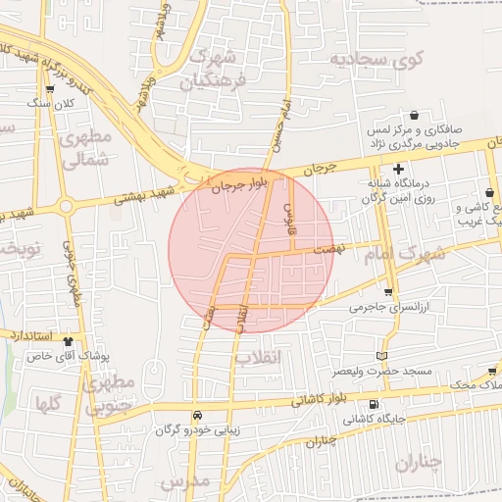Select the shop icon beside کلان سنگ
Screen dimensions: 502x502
pyautogui.click(x=49, y=89)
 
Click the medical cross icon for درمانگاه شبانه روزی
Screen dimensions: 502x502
pyautogui.click(x=397, y=170)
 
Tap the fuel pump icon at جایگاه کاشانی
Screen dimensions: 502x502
pyautogui.click(x=373, y=405)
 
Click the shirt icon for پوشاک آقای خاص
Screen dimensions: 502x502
pyautogui.click(x=68, y=342)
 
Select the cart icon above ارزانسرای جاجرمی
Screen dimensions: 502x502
pyautogui.click(x=388, y=292)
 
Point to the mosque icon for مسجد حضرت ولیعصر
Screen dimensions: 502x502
pyautogui.click(x=381, y=355)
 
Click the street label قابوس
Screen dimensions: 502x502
pyautogui.click(x=289, y=219)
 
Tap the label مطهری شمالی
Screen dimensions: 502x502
pyautogui.click(x=85, y=150)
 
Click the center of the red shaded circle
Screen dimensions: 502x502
pyautogui.click(x=249, y=249)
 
